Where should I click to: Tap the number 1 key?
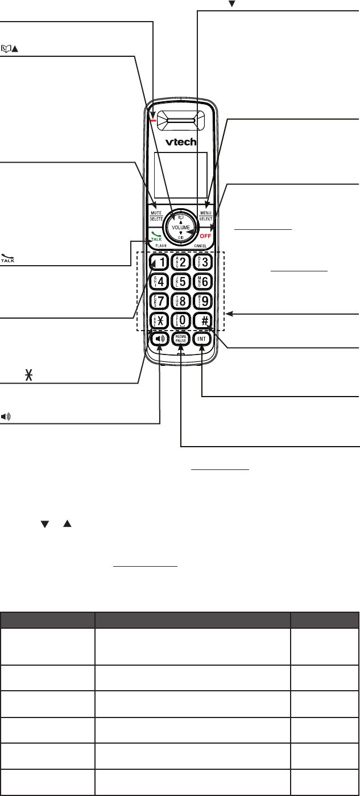click(x=158, y=262)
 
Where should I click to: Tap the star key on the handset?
click(x=158, y=320)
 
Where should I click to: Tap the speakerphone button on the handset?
click(x=159, y=339)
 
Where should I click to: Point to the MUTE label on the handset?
click(x=156, y=212)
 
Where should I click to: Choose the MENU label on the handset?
click(x=205, y=212)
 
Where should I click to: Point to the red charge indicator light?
click(x=153, y=120)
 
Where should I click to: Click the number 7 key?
click(x=158, y=300)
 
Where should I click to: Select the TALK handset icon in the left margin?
click(x=9, y=258)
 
